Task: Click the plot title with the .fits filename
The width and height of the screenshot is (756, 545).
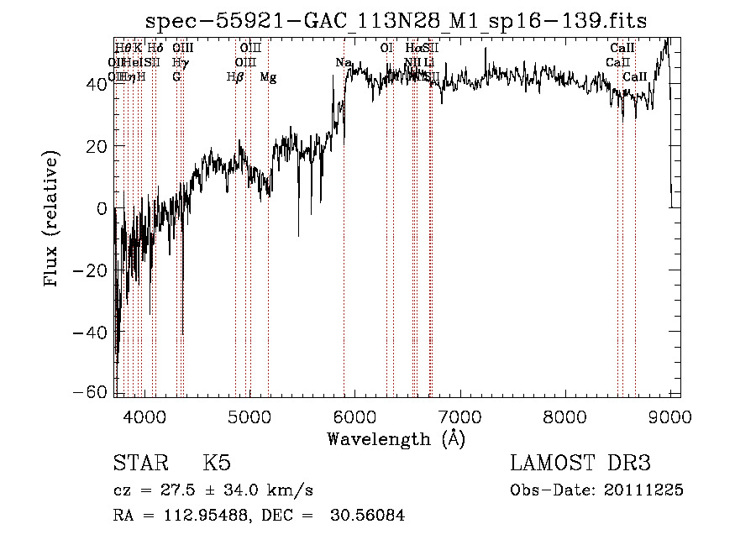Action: click(x=396, y=20)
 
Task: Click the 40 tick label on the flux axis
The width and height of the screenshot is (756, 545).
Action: click(x=96, y=83)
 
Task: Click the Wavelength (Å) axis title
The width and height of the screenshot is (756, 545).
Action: click(x=396, y=438)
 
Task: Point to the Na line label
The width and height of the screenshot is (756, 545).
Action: click(x=343, y=63)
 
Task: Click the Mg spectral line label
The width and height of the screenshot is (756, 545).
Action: click(x=268, y=77)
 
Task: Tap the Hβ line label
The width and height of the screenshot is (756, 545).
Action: click(x=235, y=77)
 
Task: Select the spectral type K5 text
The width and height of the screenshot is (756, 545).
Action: click(x=217, y=464)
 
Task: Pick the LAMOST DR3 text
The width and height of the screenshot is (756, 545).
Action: click(x=580, y=464)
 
